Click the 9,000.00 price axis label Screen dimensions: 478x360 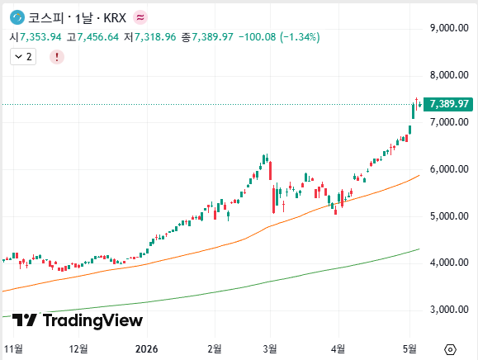click(449, 28)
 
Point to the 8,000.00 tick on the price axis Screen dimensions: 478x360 click(449, 75)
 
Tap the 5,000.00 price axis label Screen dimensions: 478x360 click(449, 216)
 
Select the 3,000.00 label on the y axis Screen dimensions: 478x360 click(449, 310)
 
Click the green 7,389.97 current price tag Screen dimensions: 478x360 click(448, 104)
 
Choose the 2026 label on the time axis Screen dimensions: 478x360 click(147, 348)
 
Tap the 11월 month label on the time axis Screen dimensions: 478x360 click(13, 348)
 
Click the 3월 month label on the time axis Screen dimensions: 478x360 click(270, 348)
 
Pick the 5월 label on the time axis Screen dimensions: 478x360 click(409, 348)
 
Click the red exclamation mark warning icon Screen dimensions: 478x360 click(57, 57)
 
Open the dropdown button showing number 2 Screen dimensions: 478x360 click(23, 57)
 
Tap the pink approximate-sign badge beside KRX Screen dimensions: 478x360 click(140, 17)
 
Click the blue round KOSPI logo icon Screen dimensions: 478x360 click(17, 17)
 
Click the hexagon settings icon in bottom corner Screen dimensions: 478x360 click(450, 349)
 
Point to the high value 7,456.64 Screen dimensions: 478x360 click(98, 37)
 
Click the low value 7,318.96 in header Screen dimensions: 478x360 click(155, 37)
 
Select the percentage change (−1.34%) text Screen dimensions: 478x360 click(300, 37)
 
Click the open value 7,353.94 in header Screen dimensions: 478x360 click(40, 37)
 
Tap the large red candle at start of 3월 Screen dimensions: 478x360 click(270, 171)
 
